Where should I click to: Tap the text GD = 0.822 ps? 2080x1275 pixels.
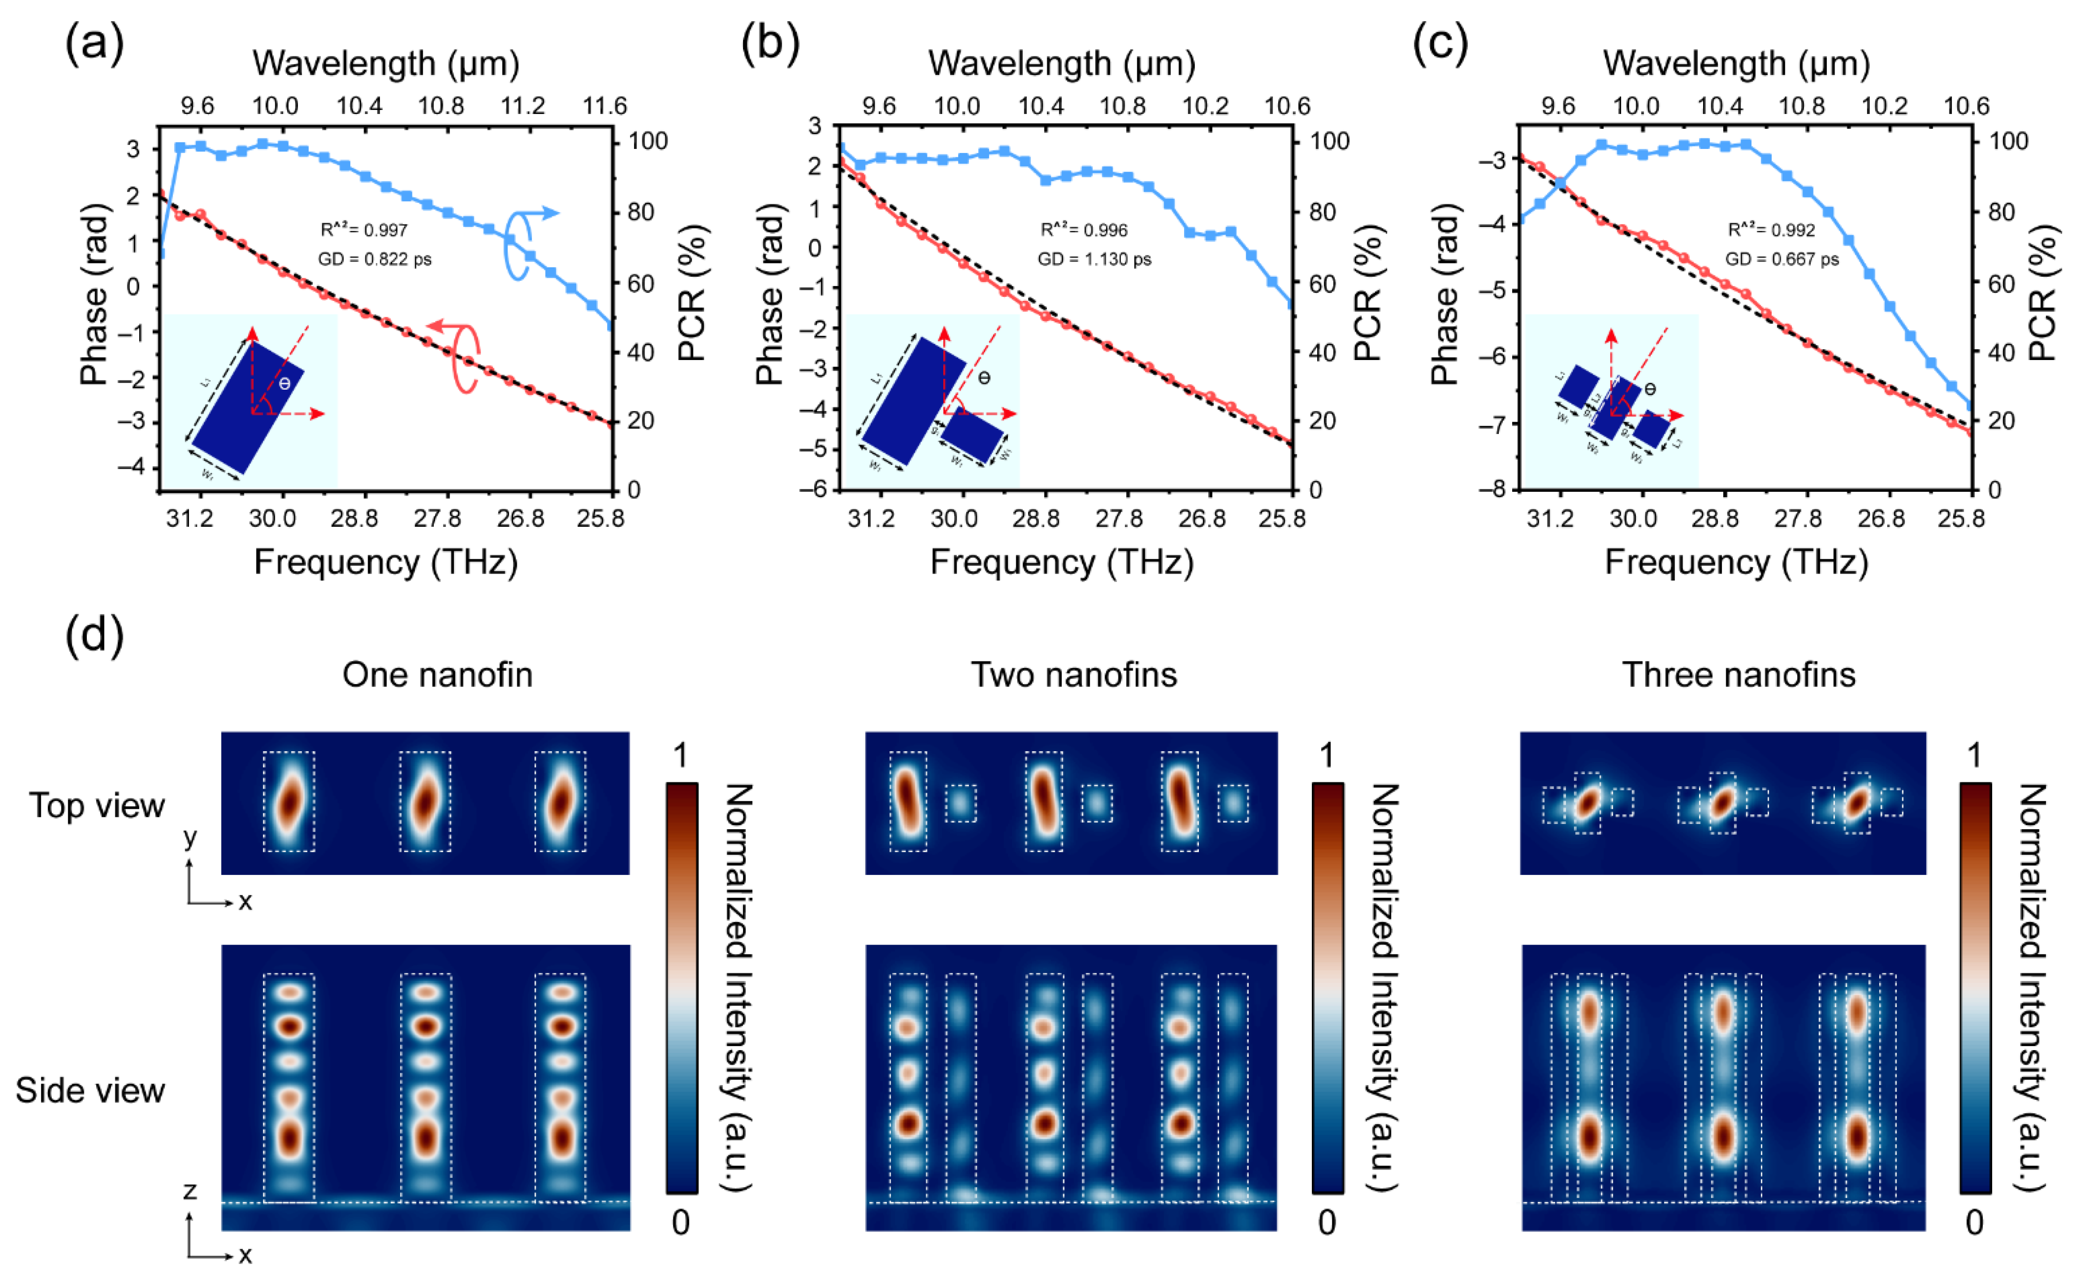coord(375,259)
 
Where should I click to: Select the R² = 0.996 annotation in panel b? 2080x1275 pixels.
coord(1084,229)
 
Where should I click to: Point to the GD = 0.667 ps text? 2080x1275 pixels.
coord(1782,259)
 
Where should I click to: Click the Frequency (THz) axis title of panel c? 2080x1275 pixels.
coord(1737,562)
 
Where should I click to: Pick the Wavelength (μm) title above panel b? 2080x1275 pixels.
coord(1062,63)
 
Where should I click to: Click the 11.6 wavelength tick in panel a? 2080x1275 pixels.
coord(604,107)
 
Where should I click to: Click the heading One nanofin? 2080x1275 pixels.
coord(437,675)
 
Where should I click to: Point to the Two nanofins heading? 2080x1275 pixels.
coord(1074,675)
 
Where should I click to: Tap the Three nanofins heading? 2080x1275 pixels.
coord(1739,675)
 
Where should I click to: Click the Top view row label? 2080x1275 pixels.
coord(97,806)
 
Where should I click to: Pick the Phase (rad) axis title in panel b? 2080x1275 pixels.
coord(769,293)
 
